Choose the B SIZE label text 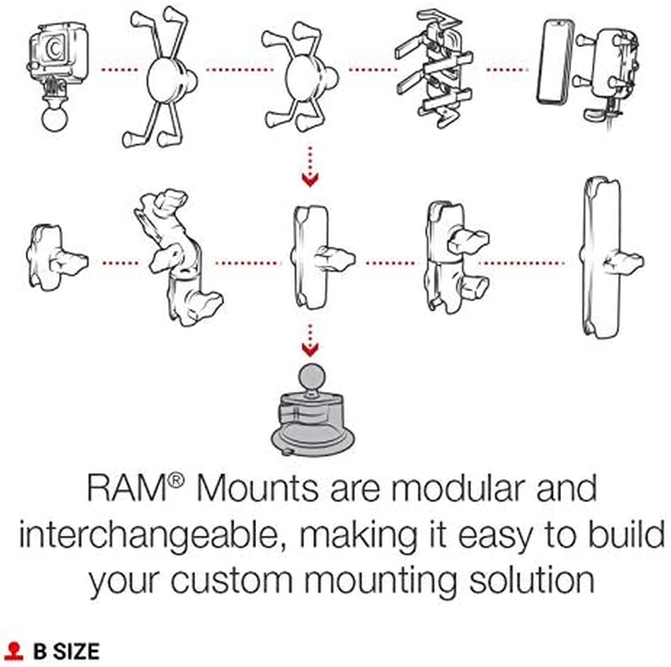point(66,650)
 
